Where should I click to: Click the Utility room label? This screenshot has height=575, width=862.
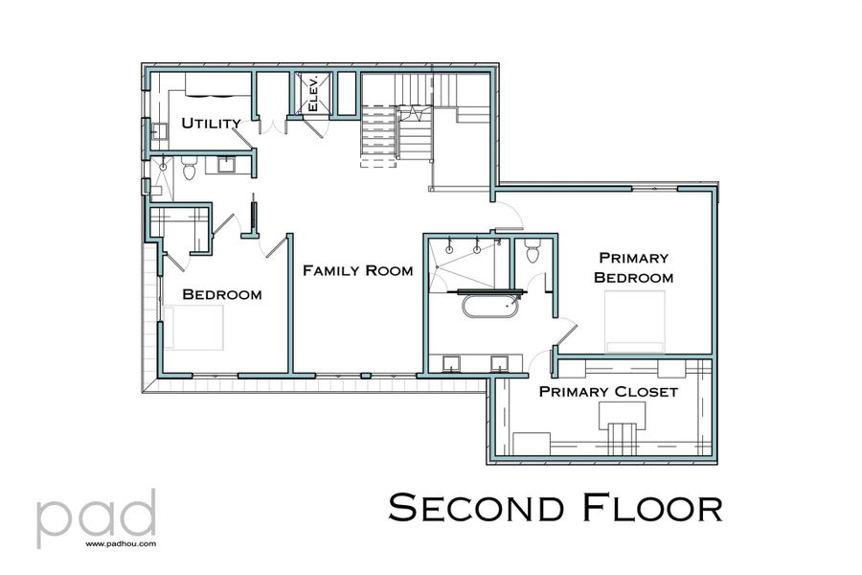pyautogui.click(x=212, y=123)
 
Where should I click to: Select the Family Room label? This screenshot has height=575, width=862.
pyautogui.click(x=357, y=270)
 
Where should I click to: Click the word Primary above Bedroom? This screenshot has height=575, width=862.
pyautogui.click(x=633, y=257)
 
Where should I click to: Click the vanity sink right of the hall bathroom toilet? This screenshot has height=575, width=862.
pyautogui.click(x=228, y=166)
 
